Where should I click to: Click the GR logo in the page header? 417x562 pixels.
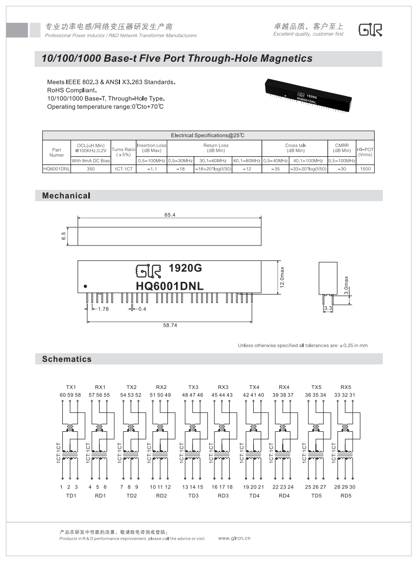(x=370, y=30)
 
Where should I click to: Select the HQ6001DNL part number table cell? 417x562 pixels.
(x=56, y=168)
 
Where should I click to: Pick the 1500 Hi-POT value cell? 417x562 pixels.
(x=365, y=168)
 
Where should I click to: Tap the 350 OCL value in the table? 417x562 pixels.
(x=90, y=168)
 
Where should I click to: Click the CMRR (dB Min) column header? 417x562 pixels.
(x=341, y=148)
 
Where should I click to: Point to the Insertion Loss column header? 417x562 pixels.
(x=152, y=148)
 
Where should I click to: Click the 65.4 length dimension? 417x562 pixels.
(x=170, y=215)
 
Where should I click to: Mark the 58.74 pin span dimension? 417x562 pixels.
(x=170, y=325)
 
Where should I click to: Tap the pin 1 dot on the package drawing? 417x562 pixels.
(x=85, y=286)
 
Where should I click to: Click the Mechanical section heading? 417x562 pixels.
(x=66, y=196)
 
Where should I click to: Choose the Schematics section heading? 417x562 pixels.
(x=67, y=359)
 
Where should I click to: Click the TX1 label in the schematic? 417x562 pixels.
(x=71, y=386)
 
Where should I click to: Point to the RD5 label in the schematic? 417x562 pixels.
(x=346, y=495)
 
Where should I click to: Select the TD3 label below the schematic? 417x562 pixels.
(x=193, y=495)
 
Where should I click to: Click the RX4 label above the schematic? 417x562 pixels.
(x=284, y=386)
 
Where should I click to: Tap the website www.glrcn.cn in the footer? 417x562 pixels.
(x=234, y=538)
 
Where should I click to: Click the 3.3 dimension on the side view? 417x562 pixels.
(x=328, y=309)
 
